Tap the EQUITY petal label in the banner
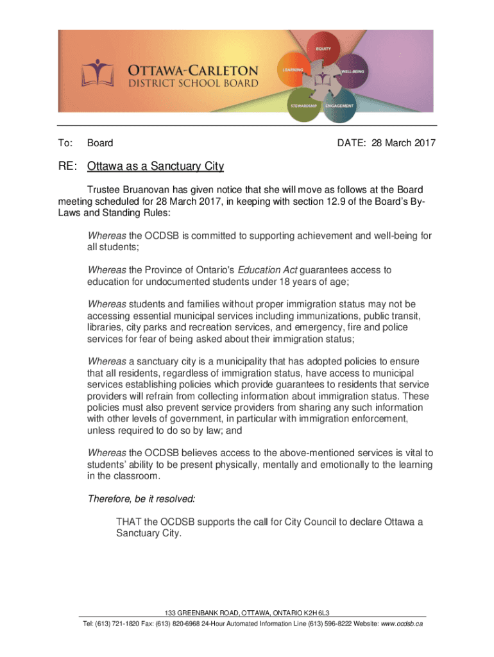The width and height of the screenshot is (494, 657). [x=323, y=49]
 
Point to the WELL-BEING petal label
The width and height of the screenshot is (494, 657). [x=353, y=71]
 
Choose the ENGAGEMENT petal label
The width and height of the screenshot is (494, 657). [x=339, y=105]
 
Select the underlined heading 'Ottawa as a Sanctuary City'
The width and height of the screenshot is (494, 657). [x=155, y=167]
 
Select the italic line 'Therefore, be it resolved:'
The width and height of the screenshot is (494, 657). [x=141, y=498]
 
